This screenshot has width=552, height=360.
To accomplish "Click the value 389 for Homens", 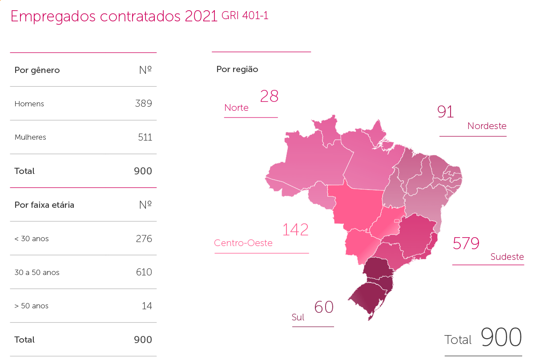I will pos(143,104).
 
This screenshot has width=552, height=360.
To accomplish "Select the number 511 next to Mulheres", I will pos(145,137).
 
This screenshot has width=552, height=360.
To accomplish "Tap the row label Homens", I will pos(29,104).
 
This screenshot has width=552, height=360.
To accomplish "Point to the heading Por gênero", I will pos(37,70).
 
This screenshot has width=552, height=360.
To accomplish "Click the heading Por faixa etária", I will pos(44,205).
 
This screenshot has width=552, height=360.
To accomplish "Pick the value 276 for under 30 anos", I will pos(144,239).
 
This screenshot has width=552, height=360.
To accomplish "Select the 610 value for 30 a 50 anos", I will pos(144,272).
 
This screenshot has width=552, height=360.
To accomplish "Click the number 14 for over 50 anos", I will pos(147,306).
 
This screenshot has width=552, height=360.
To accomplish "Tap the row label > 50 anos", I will pos(31,306).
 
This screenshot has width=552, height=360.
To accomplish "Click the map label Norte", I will pos(236,108).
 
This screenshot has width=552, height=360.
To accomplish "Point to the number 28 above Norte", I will pos(269,96).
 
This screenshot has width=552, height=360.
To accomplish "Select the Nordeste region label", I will pos(487,126).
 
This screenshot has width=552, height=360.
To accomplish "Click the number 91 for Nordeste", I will pos(445,112).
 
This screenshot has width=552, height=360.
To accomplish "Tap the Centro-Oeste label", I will pos(243,243).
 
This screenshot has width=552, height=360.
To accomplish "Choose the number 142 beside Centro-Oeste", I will pos(295,230).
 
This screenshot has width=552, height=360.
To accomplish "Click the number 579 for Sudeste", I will pos(466,243).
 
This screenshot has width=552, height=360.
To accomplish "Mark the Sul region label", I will pos(298,317).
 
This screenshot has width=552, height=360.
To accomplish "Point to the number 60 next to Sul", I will pos(324,307).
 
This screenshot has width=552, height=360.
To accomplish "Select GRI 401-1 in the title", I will pos(245,16).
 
